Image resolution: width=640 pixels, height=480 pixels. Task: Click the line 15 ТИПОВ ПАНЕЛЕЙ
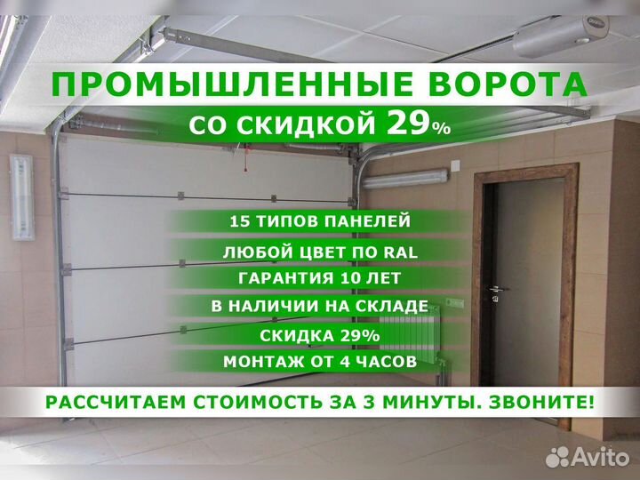coord(320,221)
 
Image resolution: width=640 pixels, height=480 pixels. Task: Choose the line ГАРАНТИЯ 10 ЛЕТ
coord(319,278)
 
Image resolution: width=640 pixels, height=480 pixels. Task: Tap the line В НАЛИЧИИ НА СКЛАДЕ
coord(320,306)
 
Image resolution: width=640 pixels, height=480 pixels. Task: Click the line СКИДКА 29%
coord(320,336)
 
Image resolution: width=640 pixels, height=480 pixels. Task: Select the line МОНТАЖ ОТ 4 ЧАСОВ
coord(320,362)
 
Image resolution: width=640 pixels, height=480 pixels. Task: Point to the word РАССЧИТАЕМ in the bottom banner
coord(116,403)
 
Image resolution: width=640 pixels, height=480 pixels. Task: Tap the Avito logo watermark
coord(588,457)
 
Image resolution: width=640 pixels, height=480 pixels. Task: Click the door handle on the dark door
coord(497,290)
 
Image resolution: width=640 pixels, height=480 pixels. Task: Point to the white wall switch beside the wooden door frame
coord(455,165)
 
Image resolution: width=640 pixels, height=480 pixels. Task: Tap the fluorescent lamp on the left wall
coord(23,196)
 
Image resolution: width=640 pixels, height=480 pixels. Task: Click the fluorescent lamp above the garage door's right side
coord(404,179)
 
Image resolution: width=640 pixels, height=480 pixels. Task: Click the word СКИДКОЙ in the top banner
coord(306,125)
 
